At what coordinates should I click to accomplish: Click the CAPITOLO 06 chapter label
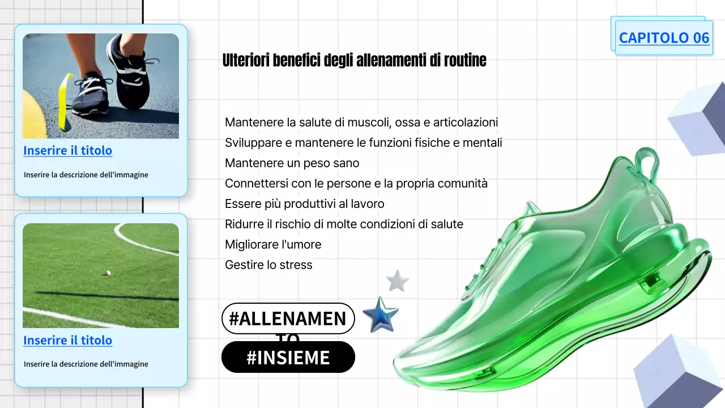point(664,38)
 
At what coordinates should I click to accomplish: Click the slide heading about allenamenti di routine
point(355,60)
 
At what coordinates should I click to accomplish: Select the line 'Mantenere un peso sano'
point(292,163)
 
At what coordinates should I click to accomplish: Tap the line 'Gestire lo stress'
point(268,265)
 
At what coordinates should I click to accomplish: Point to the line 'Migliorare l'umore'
point(273,245)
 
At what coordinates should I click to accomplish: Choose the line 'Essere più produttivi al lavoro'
point(304,204)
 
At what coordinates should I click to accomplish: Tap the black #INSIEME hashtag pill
point(288,358)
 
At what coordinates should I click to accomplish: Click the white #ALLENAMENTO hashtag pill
point(288,318)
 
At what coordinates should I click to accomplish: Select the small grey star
point(397,281)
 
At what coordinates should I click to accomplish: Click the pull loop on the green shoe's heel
point(647,164)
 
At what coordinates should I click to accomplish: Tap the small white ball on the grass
point(107,273)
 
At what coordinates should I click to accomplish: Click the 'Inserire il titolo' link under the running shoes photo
point(67,151)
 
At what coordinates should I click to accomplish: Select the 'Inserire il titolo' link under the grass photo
point(67,341)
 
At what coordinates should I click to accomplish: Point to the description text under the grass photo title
point(86,364)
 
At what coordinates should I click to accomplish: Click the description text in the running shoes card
point(86,175)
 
